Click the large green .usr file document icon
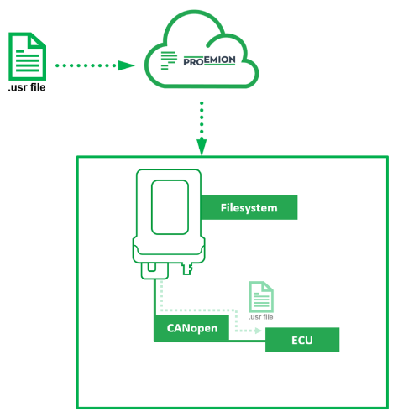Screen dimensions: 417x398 coord(26,56)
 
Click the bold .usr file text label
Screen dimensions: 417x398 coord(26,87)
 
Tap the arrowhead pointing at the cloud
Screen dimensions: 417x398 coord(128,65)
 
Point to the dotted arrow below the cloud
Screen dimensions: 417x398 coord(202,122)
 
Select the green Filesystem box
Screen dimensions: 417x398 coord(249,206)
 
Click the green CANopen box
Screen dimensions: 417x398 coord(191,328)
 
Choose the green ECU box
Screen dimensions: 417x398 coord(301,340)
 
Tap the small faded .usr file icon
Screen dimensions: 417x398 coord(260,297)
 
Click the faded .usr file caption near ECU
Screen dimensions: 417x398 coord(260,318)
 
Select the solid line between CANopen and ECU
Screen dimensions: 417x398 coord(247,341)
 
